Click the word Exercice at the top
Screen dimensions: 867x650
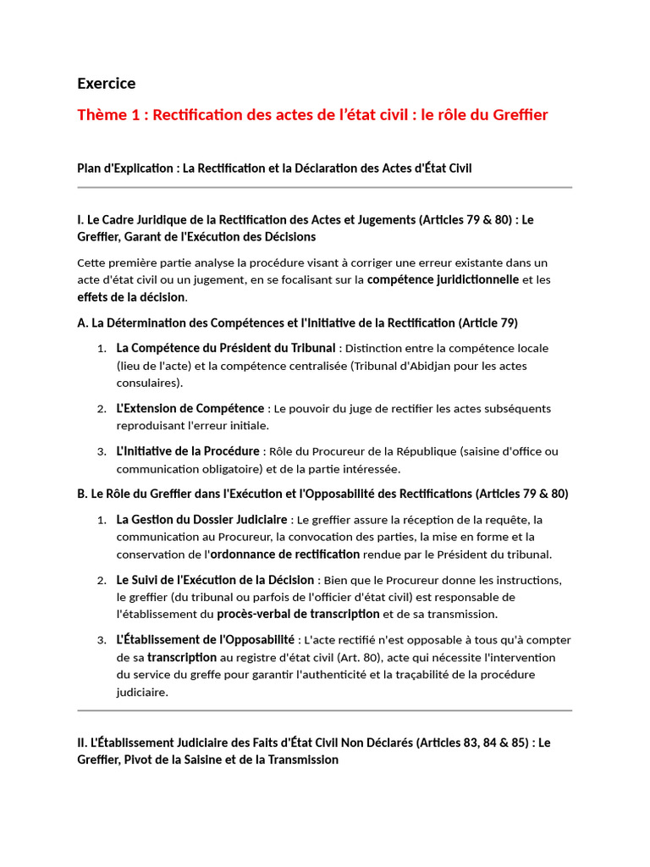106,83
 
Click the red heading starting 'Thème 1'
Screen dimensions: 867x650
312,114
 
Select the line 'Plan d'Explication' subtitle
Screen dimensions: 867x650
274,168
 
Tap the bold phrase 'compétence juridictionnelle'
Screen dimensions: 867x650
443,279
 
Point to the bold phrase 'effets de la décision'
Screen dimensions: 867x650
130,297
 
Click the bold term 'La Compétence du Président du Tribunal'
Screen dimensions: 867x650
226,348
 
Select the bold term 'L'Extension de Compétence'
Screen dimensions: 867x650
191,408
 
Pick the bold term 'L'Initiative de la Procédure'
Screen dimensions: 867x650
188,450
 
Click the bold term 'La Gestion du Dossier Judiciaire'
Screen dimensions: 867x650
201,518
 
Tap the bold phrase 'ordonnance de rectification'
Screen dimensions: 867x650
284,554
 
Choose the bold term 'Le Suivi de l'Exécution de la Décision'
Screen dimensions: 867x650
215,579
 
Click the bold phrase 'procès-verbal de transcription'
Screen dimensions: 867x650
298,614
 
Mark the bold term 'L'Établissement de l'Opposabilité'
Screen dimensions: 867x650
206,639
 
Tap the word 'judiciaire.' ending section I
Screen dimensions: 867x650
142,692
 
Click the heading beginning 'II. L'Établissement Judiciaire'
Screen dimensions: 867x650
313,751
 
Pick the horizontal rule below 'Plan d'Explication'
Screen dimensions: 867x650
324,187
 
